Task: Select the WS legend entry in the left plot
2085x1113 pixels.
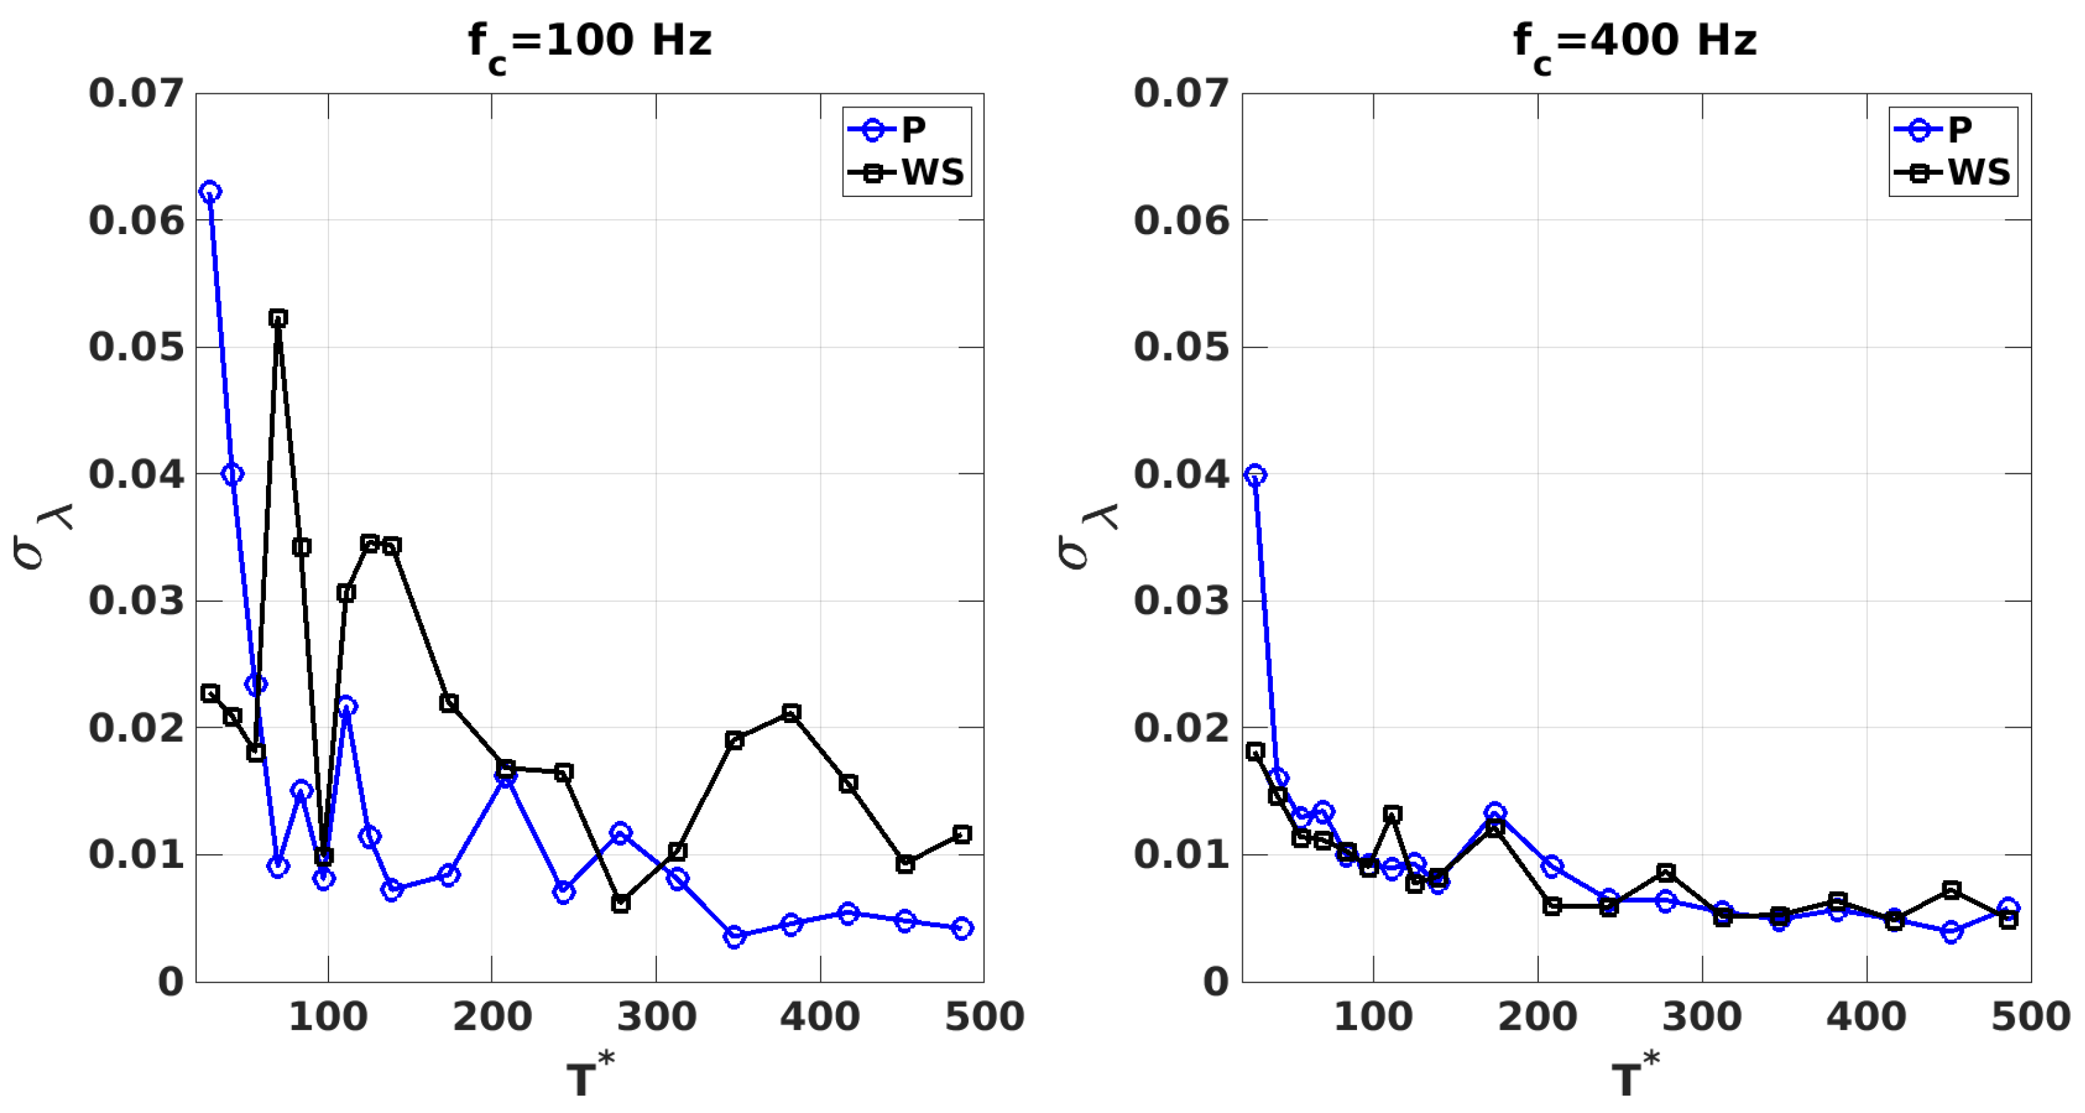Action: (907, 172)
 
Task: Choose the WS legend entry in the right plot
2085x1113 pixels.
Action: (1952, 172)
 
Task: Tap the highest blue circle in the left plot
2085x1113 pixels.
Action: (211, 192)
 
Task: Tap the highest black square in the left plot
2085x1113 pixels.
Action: (278, 318)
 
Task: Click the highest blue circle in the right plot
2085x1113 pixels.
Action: (1255, 475)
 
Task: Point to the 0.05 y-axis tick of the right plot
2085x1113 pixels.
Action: (1182, 348)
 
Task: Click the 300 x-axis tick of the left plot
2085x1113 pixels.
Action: (656, 1017)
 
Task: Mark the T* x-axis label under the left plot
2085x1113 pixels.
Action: (589, 1076)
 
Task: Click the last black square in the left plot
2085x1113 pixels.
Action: (961, 835)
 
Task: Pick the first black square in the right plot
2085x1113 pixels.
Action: (1255, 752)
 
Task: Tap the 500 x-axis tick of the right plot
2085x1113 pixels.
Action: (2030, 1017)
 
